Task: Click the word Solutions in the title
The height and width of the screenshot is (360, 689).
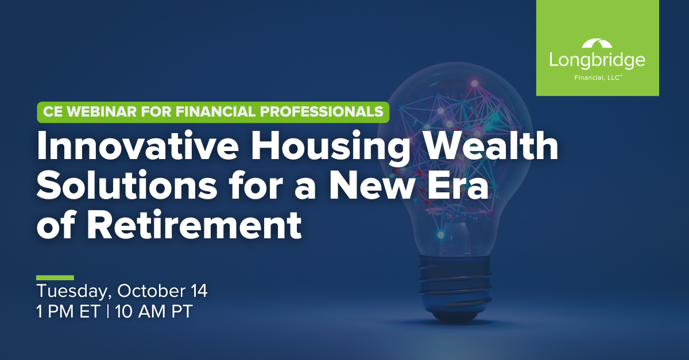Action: coord(127,185)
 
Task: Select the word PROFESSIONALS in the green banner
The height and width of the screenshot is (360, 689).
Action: coord(322,111)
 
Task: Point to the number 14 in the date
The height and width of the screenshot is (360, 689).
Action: coord(199,291)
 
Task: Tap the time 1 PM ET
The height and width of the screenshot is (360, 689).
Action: coord(68,311)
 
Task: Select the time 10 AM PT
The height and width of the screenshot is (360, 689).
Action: coord(154,311)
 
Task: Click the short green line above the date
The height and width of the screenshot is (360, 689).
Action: coord(55,278)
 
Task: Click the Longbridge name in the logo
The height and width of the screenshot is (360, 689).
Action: coord(597,61)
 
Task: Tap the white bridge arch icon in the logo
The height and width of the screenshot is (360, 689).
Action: coord(597,44)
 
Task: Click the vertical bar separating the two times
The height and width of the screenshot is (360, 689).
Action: coord(107,311)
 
